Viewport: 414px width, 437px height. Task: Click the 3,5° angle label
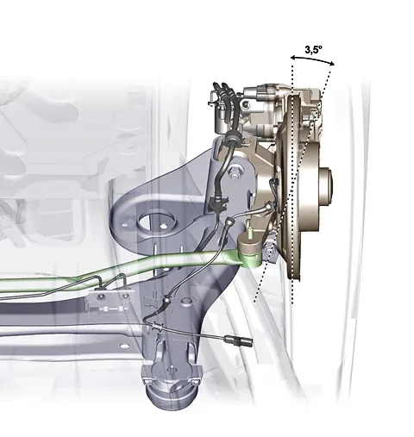[x=313, y=50]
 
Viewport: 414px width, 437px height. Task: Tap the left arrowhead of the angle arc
[x=293, y=58]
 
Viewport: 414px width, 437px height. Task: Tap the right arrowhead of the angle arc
[x=332, y=64]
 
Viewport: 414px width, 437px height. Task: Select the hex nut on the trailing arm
[x=235, y=172]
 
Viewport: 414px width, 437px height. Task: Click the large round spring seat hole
[x=157, y=222]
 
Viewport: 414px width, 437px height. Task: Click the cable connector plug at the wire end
[x=239, y=340]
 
